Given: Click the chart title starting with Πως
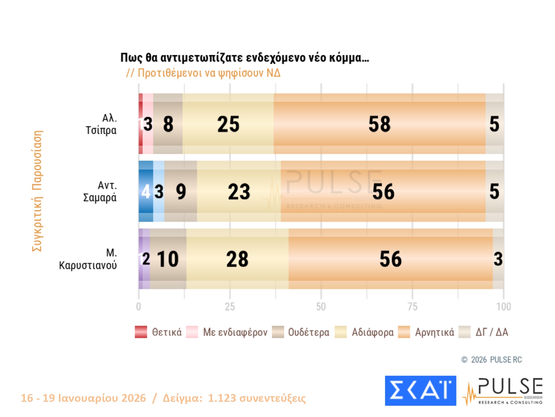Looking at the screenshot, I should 245,58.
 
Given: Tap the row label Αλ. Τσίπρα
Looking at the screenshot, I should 101,124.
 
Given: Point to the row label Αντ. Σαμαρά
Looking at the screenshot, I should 100,191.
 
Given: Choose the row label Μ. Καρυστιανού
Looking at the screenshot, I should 88,259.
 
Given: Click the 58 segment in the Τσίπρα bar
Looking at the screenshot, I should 379,124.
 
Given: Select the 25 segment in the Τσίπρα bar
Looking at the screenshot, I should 228,124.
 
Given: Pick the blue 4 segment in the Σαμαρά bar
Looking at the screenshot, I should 146,191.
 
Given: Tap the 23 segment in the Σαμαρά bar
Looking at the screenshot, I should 239,191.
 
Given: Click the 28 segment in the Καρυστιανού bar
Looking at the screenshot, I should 237,259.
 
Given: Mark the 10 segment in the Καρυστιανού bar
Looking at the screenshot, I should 168,259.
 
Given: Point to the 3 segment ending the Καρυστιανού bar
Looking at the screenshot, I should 498,259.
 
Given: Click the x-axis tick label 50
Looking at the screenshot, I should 321,307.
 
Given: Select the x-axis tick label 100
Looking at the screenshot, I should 503,307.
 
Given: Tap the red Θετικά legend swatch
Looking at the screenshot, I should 141,332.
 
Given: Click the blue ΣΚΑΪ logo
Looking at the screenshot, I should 420,391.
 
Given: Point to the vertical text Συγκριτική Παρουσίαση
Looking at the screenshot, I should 37,191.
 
